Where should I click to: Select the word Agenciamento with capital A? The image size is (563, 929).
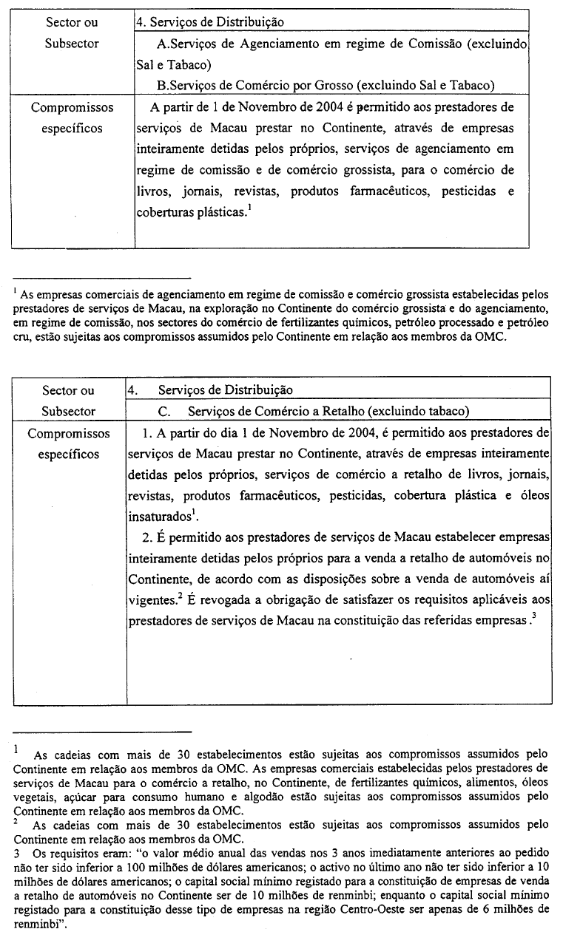point(246,44)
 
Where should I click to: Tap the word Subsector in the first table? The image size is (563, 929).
point(72,44)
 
